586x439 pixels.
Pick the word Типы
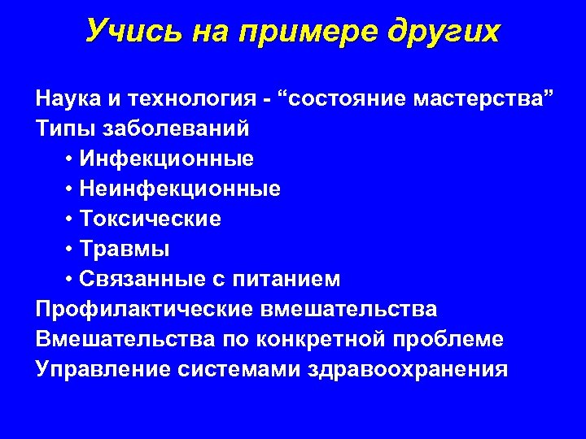pyautogui.click(x=63, y=129)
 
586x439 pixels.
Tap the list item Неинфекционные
pyautogui.click(x=181, y=189)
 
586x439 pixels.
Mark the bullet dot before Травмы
pyautogui.click(x=71, y=250)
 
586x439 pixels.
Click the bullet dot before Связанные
pyautogui.click(x=71, y=280)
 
